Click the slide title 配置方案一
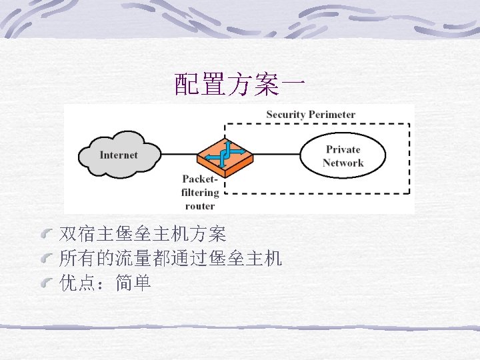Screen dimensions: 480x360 (x=240, y=85)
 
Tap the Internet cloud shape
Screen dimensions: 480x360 (x=119, y=155)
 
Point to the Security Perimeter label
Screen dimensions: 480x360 (x=311, y=114)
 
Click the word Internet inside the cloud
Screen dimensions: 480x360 (x=119, y=155)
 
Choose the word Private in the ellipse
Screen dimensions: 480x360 (x=343, y=149)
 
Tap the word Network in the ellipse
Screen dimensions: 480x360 (x=343, y=163)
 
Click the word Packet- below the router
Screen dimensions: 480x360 (x=200, y=179)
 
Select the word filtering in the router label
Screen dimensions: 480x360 (x=200, y=193)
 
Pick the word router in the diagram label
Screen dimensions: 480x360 (x=200, y=205)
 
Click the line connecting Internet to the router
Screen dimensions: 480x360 (x=179, y=155)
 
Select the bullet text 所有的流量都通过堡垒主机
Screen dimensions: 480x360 (x=171, y=259)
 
